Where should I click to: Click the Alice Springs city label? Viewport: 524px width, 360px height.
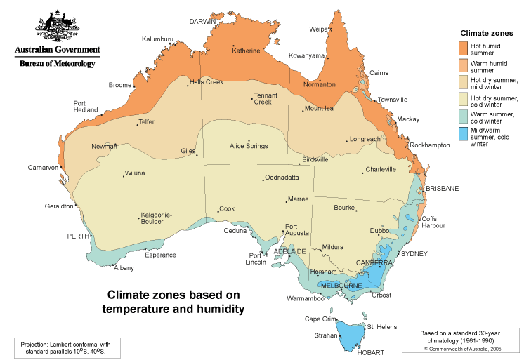tap(249, 146)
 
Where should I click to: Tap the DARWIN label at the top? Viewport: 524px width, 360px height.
tap(202, 22)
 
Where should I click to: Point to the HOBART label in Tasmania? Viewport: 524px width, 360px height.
tap(370, 353)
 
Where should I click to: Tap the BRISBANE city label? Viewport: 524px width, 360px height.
tap(442, 189)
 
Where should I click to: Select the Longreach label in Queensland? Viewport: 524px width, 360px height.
tap(365, 139)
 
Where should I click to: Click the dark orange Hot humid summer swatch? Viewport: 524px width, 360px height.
tap(463, 48)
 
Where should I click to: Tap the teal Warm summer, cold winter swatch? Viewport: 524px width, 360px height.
tap(463, 116)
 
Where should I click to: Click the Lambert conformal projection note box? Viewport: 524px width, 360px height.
tap(67, 347)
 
